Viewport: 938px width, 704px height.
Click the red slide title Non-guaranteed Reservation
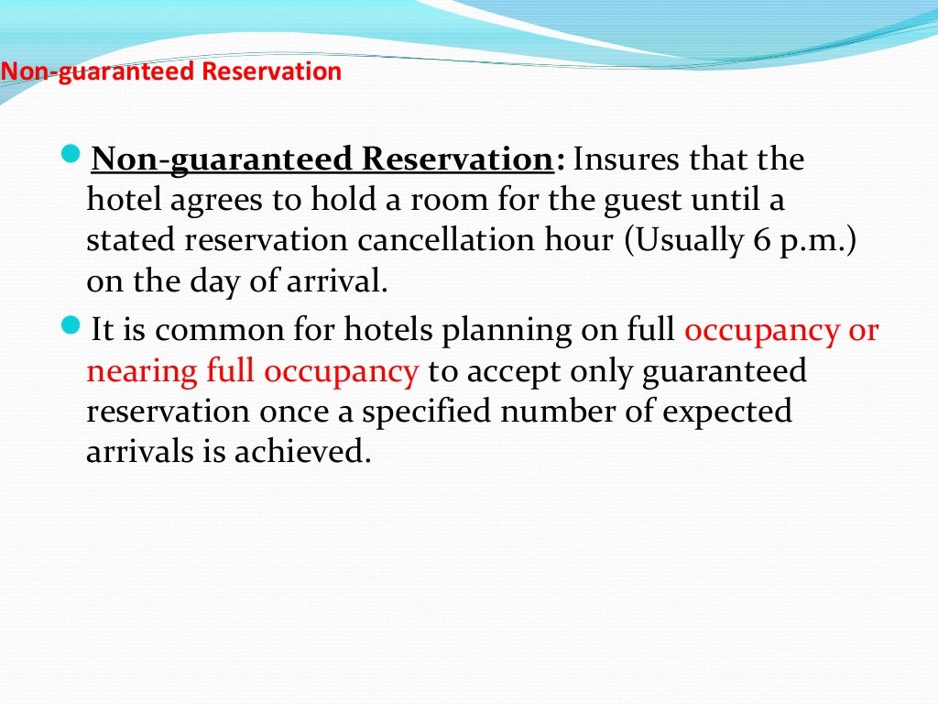point(171,71)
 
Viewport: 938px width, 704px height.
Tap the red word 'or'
point(863,330)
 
